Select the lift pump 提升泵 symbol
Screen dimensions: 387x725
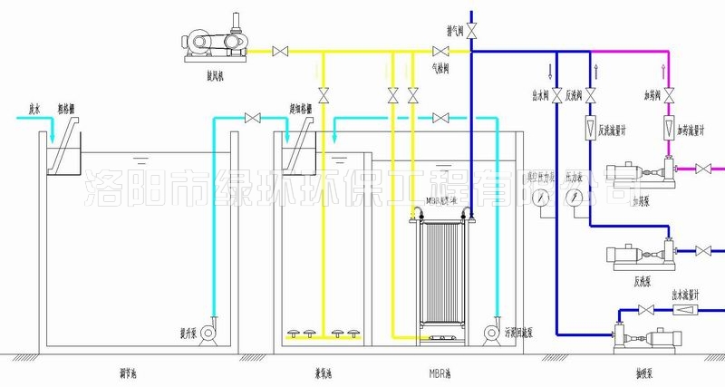point(206,333)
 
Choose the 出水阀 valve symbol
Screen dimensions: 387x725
point(556,94)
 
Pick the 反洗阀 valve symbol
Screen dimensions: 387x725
point(591,94)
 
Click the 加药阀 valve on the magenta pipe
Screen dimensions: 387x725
point(668,94)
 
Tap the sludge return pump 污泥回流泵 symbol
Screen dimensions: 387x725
point(494,332)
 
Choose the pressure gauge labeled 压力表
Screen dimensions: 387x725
point(574,197)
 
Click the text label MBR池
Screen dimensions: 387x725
point(441,372)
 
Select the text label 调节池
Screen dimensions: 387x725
point(140,372)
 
